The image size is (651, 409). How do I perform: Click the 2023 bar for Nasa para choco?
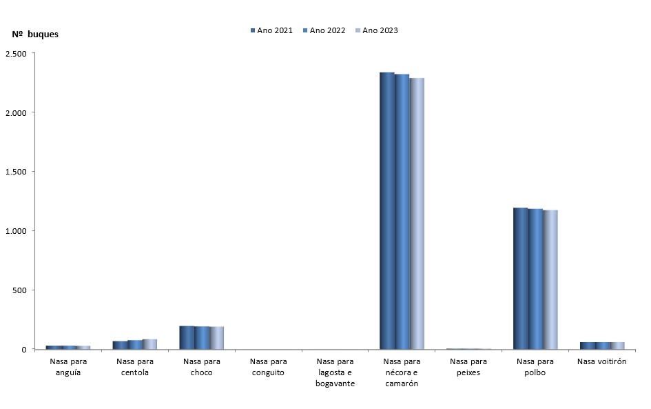[217, 338]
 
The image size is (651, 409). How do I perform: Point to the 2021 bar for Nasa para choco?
[187, 337]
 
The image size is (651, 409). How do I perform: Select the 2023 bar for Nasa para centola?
[150, 344]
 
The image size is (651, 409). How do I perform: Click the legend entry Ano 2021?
[271, 30]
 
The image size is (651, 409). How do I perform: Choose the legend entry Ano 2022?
[324, 30]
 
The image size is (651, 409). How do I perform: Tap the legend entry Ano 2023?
[376, 30]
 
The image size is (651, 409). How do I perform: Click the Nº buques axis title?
[35, 34]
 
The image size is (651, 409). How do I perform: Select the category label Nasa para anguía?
[68, 367]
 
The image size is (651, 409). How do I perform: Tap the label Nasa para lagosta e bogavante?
[335, 372]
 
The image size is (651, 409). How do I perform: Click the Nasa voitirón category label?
[601, 361]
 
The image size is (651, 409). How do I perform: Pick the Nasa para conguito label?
[268, 367]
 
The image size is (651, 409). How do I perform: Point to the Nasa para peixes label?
[468, 367]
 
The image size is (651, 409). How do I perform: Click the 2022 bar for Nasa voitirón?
[603, 346]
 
